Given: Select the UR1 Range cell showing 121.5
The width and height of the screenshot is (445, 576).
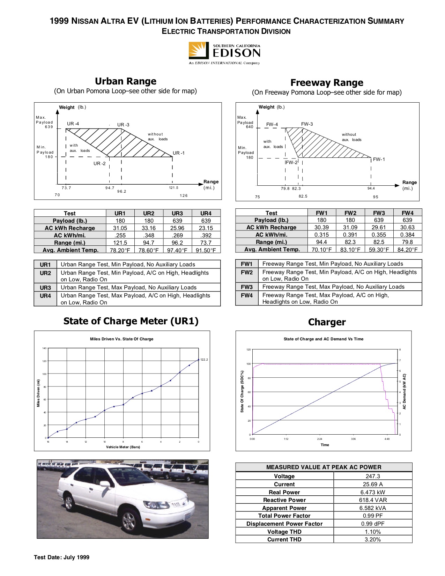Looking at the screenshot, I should coord(120,243).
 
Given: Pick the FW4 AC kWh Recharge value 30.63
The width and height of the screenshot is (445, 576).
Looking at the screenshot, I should coord(407,227).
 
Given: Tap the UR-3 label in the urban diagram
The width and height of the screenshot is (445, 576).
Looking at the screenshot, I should coord(123,125).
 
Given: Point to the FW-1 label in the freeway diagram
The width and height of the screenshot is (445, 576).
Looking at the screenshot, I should coord(379,159).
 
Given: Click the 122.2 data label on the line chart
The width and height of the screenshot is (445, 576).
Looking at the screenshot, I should coord(204,359).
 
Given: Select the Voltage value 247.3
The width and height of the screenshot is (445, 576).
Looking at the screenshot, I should coord(373,476).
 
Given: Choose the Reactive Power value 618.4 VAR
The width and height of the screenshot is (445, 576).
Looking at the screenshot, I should coord(373,500).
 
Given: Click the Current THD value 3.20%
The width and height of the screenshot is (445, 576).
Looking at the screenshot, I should coord(373,539).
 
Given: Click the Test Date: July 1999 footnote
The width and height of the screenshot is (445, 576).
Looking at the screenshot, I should coord(61,557).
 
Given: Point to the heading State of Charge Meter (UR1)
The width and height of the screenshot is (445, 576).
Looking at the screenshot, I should coord(131,321).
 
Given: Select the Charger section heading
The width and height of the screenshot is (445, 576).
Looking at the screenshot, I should coord(327,322).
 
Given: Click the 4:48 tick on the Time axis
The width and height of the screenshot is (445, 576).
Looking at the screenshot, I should coord(387,439).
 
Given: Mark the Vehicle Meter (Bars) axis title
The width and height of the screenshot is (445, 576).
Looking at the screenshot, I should coord(123,447).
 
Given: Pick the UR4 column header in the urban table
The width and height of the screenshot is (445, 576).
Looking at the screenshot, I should coord(206,213).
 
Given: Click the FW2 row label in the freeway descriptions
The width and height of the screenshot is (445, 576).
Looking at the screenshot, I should coord(246,272).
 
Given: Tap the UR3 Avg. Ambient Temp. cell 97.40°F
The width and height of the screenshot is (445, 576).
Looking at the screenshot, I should coord(177,250).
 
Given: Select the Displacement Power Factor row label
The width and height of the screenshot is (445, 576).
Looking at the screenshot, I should coord(284,524).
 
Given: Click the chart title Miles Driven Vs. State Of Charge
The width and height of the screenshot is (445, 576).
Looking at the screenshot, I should coord(121,339).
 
